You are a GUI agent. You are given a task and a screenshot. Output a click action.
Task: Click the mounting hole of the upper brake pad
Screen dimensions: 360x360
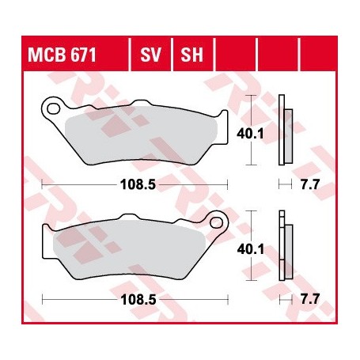click(x=53, y=105)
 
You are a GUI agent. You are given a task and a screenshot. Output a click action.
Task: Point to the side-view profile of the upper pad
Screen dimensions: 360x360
click(x=285, y=131)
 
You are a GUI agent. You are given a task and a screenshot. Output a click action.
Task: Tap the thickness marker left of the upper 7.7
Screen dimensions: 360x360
click(x=285, y=184)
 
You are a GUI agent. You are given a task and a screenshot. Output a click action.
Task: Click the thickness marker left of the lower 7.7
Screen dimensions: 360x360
click(x=285, y=301)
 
